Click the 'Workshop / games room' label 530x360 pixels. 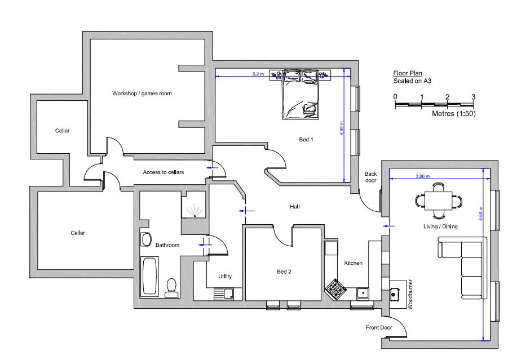tap(142, 94)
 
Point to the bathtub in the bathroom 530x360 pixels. tap(150, 277)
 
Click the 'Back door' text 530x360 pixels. tap(370, 177)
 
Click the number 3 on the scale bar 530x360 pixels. tap(473, 97)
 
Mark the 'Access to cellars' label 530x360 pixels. tap(164, 172)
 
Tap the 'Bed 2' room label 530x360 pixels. tap(284, 272)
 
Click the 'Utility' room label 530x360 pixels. tap(226, 275)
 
